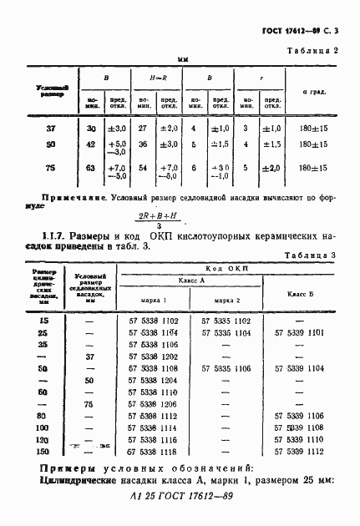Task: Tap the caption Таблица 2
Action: pos(312,51)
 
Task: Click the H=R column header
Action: pos(159,78)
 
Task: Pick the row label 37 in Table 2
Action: pos(51,128)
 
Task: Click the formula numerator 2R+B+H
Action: pos(158,215)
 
